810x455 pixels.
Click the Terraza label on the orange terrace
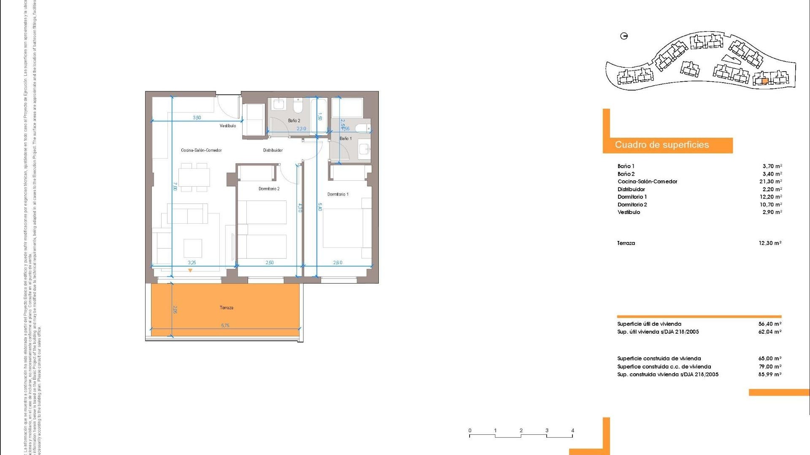[x=227, y=308]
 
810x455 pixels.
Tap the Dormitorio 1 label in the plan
[x=338, y=194]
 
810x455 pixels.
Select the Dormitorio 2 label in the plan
[x=269, y=189]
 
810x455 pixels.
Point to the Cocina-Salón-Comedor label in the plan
[x=201, y=150]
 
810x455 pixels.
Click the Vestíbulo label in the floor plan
[x=228, y=126]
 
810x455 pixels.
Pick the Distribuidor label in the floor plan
[x=273, y=150]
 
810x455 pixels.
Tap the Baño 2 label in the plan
[x=294, y=120]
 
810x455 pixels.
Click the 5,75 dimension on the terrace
[x=225, y=325]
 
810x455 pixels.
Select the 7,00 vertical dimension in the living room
[x=175, y=186]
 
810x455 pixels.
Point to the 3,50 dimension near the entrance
[x=197, y=118]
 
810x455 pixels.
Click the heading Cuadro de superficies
[x=661, y=145]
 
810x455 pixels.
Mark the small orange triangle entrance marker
[x=190, y=270]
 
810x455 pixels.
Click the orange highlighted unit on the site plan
[x=765, y=81]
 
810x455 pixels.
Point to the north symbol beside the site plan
[x=624, y=36]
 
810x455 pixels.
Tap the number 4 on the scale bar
[x=572, y=431]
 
